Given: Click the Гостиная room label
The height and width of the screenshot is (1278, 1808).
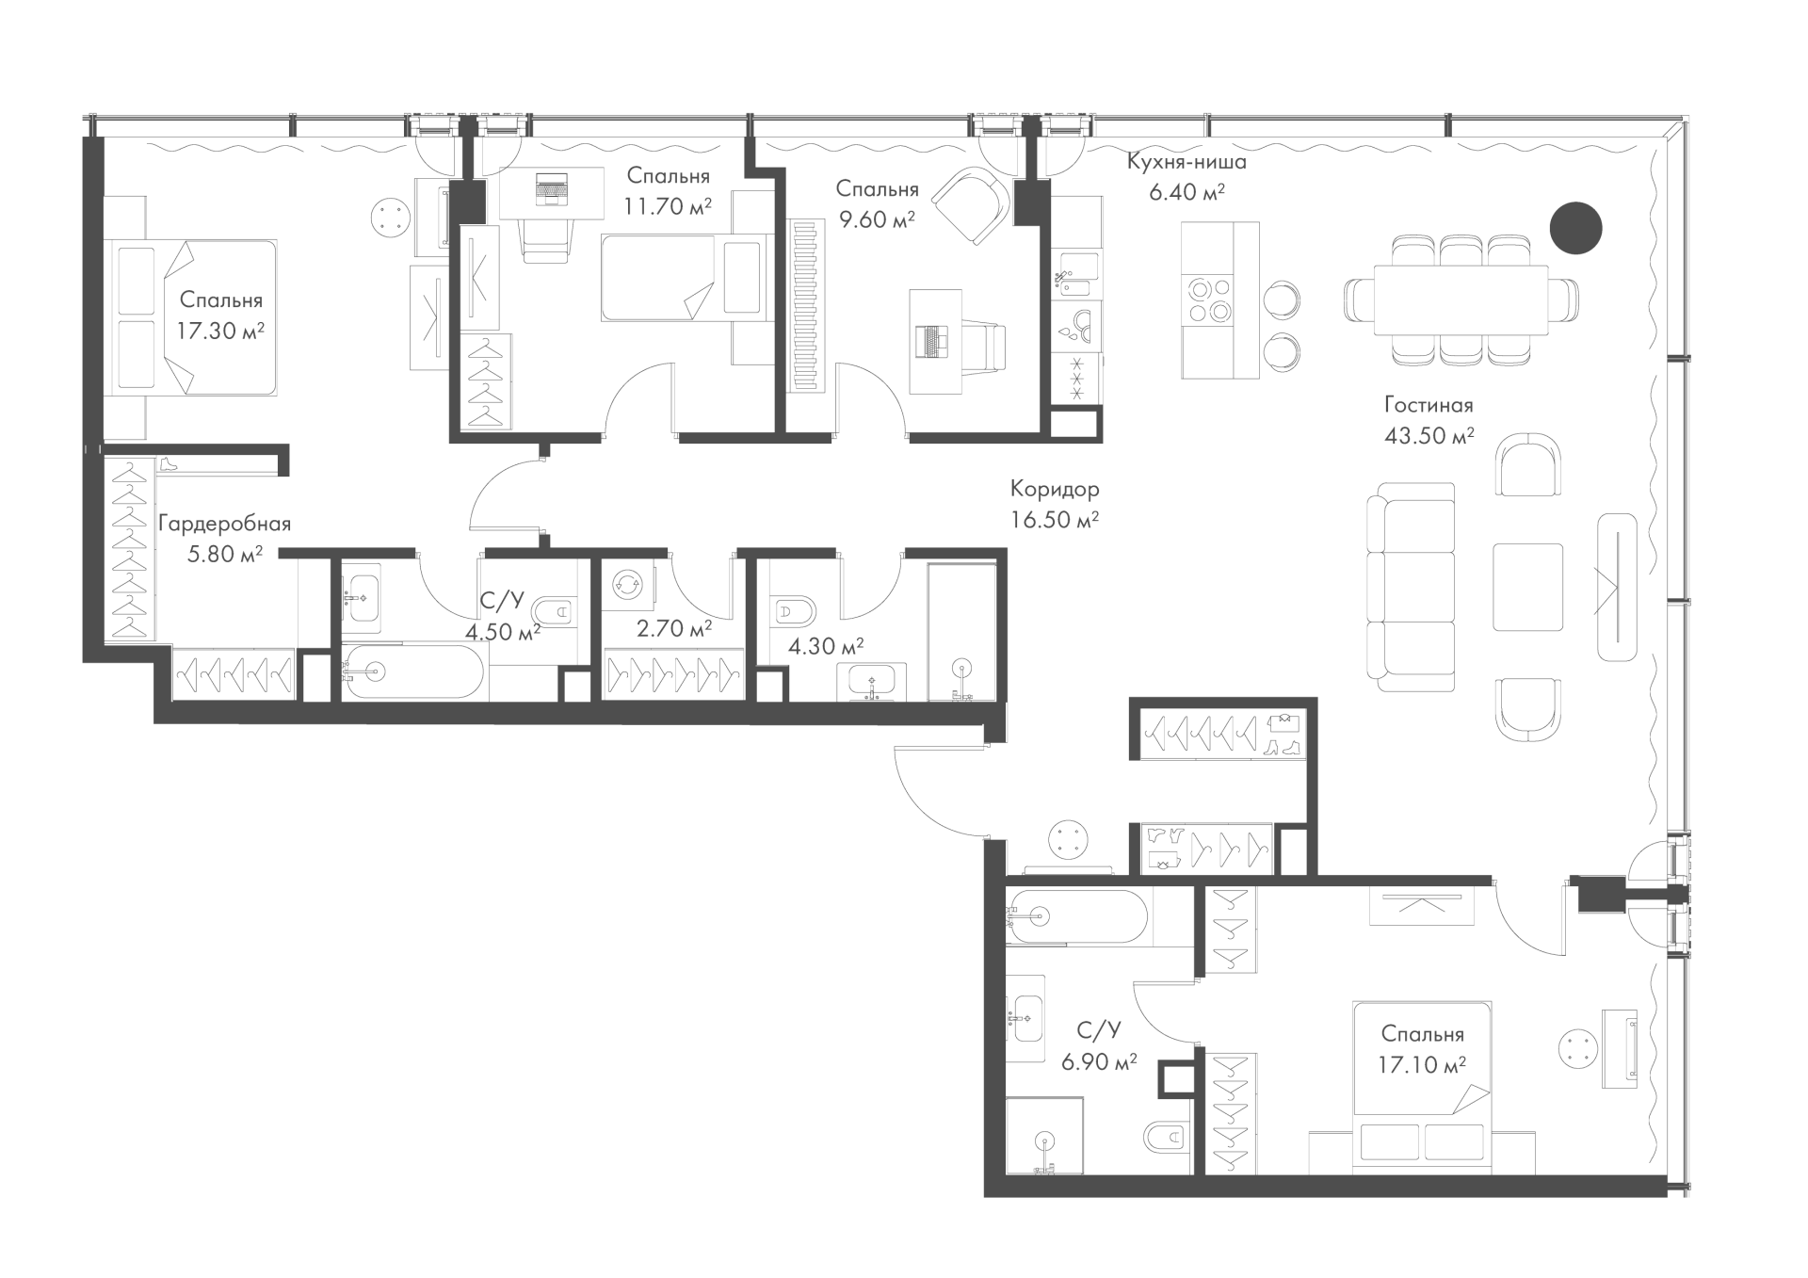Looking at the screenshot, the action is tap(1429, 405).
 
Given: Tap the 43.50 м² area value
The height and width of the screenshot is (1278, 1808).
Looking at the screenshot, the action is tap(1429, 435).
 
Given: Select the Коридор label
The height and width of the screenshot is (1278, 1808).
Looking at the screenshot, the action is tap(1055, 490).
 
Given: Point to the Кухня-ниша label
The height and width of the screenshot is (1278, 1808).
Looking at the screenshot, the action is tap(1186, 162).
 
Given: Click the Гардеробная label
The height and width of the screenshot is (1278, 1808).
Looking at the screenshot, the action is tap(224, 524).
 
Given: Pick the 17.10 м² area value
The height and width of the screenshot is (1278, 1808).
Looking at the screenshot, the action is tap(1422, 1065).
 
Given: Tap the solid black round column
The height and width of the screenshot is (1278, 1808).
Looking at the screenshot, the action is tap(1576, 229).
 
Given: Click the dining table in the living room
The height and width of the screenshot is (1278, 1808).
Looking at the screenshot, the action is tap(1461, 299).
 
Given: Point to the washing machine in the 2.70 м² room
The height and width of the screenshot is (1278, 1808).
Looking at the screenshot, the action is tap(625, 585).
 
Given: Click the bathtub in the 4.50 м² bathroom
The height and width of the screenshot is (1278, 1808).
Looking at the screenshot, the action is tap(412, 671).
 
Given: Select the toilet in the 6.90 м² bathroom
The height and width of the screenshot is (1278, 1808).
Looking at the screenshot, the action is tap(1168, 1139).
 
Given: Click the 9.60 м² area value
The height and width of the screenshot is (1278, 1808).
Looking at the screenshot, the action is tap(876, 219).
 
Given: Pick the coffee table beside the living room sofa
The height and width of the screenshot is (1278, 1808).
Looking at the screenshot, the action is tap(1527, 587).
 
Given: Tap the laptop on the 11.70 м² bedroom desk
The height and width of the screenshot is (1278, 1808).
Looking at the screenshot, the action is tap(552, 188).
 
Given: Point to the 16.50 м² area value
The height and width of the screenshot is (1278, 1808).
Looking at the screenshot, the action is tap(1055, 520).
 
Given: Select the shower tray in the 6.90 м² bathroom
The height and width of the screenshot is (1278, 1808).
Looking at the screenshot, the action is tap(1044, 1135).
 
